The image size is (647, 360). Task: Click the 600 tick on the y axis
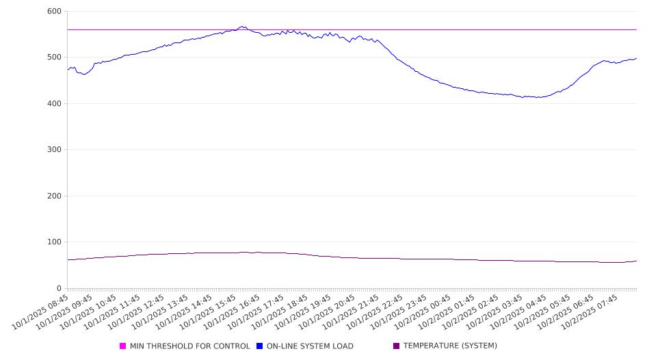click(54, 12)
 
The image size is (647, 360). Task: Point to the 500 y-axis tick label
click(54, 57)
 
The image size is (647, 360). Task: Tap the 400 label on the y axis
click(54, 104)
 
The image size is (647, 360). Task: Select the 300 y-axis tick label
click(54, 150)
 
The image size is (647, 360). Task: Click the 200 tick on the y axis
click(54, 196)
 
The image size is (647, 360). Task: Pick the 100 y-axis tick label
click(54, 242)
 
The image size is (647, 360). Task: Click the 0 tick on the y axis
click(59, 289)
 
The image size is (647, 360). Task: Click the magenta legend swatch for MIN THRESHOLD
click(123, 346)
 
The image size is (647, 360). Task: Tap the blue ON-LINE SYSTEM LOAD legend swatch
click(260, 346)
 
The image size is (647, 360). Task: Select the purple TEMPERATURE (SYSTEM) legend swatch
click(397, 346)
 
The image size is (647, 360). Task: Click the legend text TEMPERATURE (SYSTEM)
click(450, 346)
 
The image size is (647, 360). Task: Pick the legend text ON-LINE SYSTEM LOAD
click(310, 346)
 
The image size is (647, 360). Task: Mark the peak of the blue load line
click(242, 27)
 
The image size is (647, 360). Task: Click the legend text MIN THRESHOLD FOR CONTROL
click(190, 346)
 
